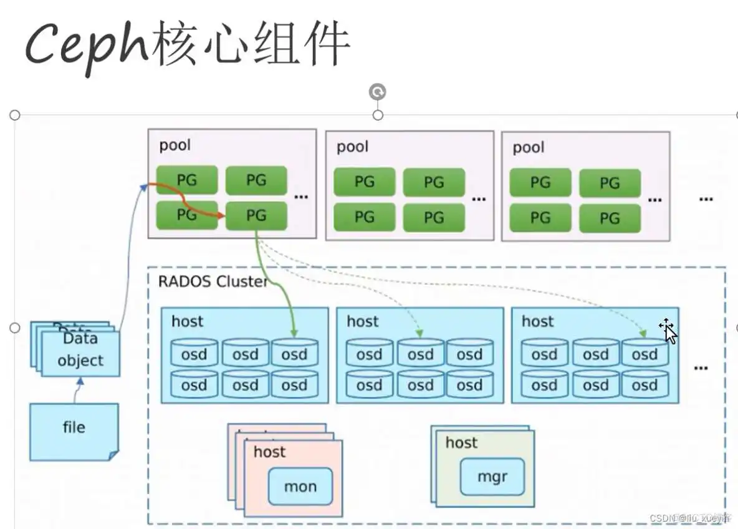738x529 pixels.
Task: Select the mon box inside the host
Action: tap(300, 486)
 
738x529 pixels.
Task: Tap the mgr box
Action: tap(492, 477)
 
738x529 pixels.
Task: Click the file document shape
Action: tap(74, 431)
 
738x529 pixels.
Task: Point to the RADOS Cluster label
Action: tap(213, 281)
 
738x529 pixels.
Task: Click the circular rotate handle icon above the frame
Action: tap(377, 92)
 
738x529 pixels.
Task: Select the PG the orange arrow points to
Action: tap(256, 216)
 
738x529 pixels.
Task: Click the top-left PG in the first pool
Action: tap(186, 180)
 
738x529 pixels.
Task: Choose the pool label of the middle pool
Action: tap(353, 147)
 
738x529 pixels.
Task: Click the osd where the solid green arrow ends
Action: tap(294, 354)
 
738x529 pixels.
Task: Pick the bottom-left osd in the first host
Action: tap(194, 385)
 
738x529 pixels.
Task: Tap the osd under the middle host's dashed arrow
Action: tap(420, 354)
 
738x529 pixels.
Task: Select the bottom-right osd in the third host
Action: tap(645, 385)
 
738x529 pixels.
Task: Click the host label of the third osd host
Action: tap(537, 321)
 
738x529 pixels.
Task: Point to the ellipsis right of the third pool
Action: tap(706, 199)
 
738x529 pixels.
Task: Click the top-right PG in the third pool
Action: tap(609, 183)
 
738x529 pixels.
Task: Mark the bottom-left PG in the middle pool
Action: tap(364, 217)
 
